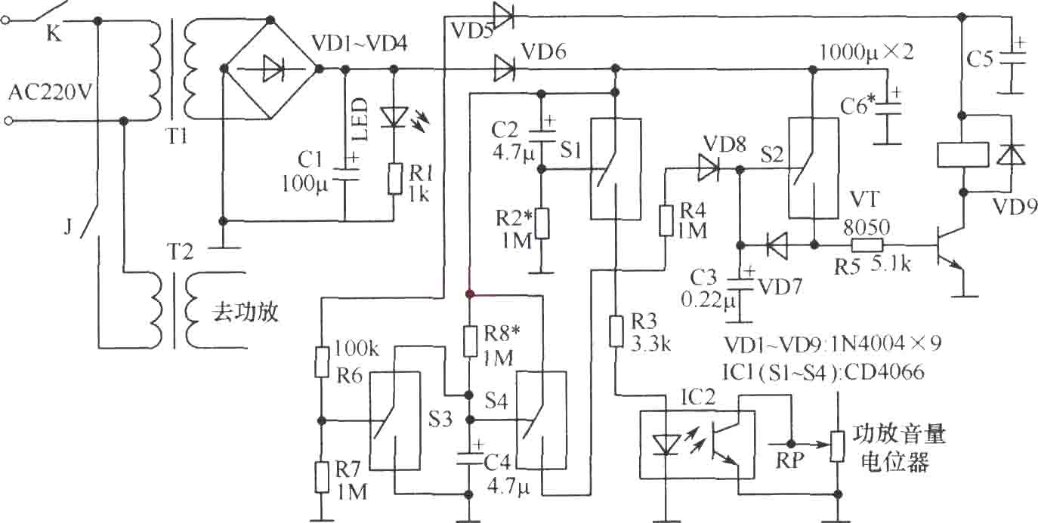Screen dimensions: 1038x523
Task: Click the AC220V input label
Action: tap(50, 93)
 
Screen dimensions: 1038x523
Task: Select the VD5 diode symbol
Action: tap(503, 17)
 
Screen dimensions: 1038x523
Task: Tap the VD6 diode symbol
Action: tap(504, 69)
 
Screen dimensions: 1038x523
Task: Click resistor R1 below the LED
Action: tap(394, 178)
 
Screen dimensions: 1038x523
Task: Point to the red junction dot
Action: tap(469, 294)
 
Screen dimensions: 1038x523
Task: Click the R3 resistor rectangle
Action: tap(616, 331)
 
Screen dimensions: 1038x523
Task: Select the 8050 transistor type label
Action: tap(866, 227)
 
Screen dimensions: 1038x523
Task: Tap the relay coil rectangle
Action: tap(962, 155)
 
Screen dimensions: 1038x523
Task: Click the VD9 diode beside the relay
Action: tap(1010, 155)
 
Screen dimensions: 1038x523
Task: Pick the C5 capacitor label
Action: tap(980, 59)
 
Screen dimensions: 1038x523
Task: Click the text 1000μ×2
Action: tap(866, 52)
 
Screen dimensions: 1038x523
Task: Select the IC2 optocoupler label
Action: tap(698, 397)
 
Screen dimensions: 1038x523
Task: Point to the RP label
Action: tap(789, 460)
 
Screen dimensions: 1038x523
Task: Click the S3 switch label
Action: tap(440, 419)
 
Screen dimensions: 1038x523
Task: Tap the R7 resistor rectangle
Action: tap(323, 478)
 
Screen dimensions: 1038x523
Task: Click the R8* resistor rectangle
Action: tap(471, 341)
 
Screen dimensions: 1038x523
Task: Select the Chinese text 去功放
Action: tap(245, 312)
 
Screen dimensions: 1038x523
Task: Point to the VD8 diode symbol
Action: tap(709, 168)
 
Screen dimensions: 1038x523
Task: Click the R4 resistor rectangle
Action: tap(666, 221)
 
